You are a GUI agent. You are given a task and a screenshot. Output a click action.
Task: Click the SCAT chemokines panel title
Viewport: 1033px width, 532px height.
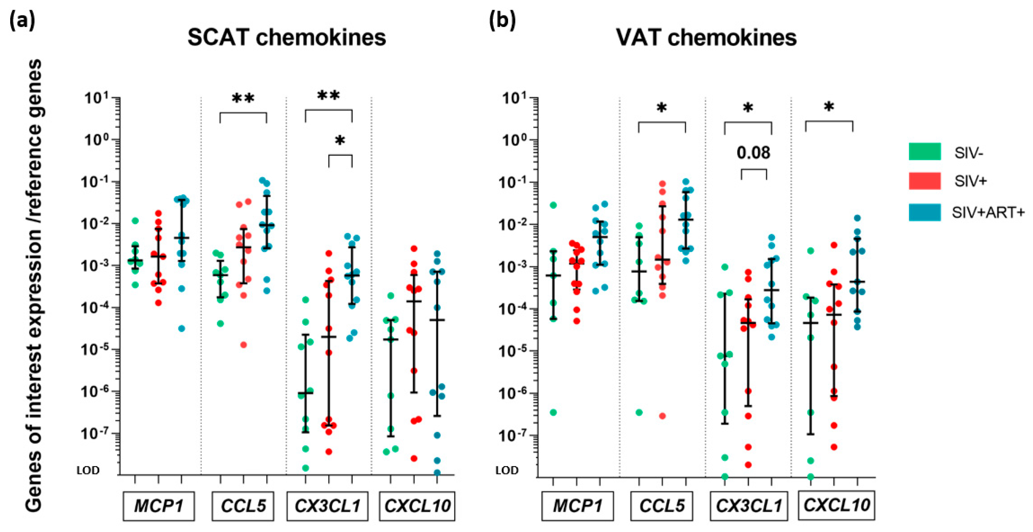point(286,38)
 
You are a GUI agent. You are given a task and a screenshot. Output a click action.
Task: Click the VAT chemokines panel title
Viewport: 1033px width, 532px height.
point(706,38)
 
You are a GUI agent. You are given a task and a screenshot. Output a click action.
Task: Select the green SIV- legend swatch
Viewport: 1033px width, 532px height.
point(925,152)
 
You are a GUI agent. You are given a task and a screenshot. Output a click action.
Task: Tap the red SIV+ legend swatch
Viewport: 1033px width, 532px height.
point(925,181)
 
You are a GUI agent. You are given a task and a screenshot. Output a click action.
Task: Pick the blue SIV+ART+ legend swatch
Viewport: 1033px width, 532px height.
point(925,212)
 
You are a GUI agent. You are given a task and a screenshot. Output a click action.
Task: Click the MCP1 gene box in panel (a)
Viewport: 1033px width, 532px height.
point(159,506)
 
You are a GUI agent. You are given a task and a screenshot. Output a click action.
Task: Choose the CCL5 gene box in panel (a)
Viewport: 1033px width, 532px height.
point(243,506)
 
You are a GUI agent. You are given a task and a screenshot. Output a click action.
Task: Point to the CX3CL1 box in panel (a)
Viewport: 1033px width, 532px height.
point(327,506)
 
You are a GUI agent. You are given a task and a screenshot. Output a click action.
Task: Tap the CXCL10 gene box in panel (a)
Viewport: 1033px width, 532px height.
point(417,506)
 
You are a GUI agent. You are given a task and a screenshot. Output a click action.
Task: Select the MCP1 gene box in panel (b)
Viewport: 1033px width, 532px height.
point(577,506)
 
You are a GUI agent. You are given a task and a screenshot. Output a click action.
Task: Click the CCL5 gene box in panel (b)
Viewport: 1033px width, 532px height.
point(662,506)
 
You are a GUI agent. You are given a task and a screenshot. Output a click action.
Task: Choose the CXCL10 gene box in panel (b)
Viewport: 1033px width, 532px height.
point(836,505)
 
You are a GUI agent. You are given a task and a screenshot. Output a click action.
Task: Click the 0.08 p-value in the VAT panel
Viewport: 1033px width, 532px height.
point(753,153)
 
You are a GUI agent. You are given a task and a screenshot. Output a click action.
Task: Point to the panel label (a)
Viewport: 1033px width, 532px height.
point(22,20)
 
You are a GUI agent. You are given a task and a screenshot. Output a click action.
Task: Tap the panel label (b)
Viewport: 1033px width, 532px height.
point(502,20)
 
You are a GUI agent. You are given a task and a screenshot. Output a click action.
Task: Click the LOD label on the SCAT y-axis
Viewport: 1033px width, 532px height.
point(88,470)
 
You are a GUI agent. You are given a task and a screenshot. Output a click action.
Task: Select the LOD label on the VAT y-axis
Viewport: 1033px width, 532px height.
point(507,470)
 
